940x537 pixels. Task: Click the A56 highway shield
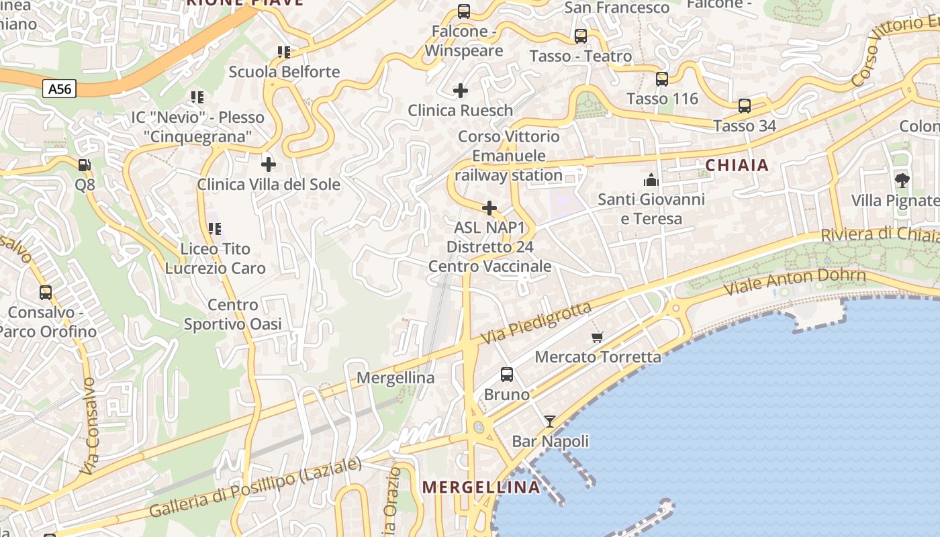[60, 89]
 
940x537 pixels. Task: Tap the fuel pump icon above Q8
[85, 164]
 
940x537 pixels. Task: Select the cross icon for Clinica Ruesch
[461, 90]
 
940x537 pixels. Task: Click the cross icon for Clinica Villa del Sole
[269, 164]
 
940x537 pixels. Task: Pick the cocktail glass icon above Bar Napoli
[550, 421]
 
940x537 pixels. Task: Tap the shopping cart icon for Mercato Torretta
[597, 337]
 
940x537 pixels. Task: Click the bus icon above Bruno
[507, 375]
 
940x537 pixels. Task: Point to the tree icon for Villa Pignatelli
[902, 180]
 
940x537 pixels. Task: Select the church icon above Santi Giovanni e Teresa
[651, 180]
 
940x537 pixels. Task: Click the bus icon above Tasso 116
[662, 79]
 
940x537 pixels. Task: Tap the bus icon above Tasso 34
[745, 106]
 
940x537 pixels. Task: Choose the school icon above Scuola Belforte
[284, 52]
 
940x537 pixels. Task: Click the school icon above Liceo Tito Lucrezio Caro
[215, 229]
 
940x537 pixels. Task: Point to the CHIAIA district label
[737, 165]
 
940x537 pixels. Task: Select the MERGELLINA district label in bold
[481, 487]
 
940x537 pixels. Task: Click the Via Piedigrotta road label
[536, 322]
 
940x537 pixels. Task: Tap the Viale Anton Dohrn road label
[795, 281]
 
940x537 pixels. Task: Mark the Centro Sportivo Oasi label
[232, 314]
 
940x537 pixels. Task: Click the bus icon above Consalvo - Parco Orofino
[46, 293]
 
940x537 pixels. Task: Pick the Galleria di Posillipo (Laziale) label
[255, 487]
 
